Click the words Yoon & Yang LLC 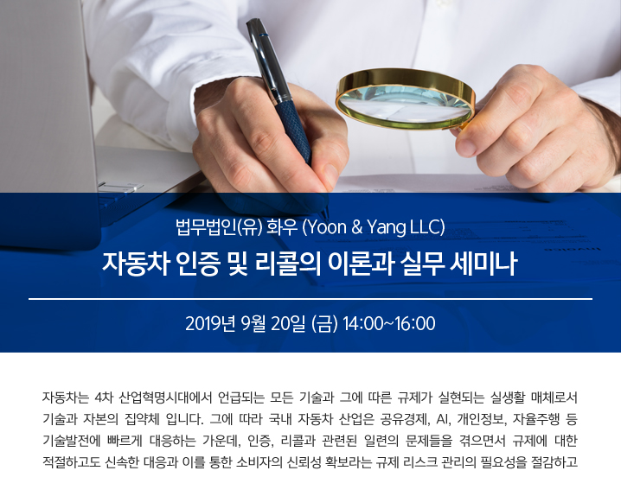pos(374,227)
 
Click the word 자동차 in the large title pos(132,264)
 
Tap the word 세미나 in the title pos(483,264)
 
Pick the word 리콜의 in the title pos(288,264)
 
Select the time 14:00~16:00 pos(389,323)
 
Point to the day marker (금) pos(324,323)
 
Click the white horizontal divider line pos(310,299)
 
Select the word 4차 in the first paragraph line pos(105,397)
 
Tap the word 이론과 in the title pos(360,264)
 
